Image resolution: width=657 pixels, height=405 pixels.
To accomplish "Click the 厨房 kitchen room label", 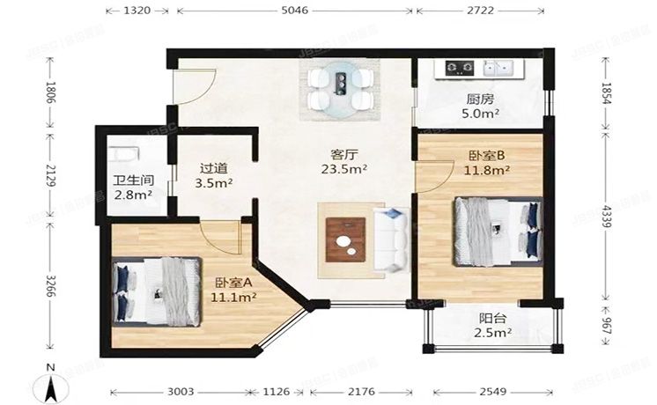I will [479, 99].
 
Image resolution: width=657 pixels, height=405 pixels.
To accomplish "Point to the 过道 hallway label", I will [212, 167].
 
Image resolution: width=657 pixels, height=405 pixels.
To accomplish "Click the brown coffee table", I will [345, 239].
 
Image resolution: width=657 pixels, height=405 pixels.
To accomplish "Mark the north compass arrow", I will [52, 385].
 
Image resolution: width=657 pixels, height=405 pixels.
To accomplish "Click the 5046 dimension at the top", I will [294, 11].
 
